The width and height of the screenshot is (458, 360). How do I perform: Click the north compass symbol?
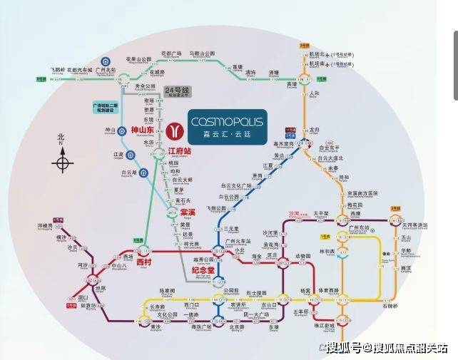(63, 163)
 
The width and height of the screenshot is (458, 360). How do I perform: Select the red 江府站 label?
(180, 152)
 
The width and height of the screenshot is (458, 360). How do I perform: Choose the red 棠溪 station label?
(188, 212)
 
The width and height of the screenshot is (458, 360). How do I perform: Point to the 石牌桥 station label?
(390, 307)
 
